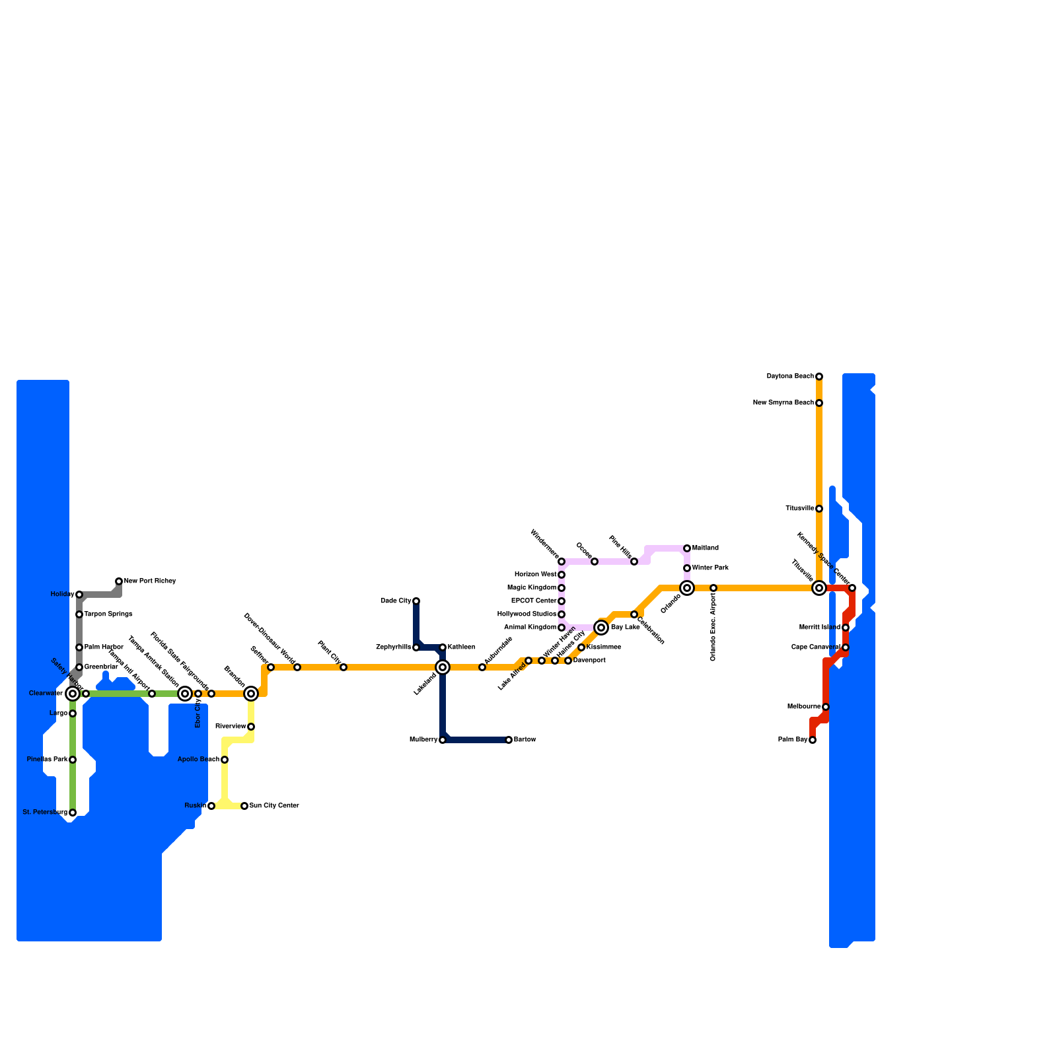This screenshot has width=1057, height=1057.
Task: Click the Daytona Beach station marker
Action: [x=819, y=377]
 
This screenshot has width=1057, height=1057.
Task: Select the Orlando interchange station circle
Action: [x=687, y=588]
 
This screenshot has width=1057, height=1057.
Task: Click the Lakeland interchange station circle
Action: [x=443, y=667]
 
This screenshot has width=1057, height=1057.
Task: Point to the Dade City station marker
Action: [x=416, y=601]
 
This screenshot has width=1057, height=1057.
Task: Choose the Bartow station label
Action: [x=525, y=740]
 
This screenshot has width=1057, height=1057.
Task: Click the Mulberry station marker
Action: [x=443, y=740]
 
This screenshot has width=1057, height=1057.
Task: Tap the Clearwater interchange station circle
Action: [x=73, y=694]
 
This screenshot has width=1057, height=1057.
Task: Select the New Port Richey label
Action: [x=150, y=581]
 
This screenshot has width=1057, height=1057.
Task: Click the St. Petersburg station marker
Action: [x=73, y=813]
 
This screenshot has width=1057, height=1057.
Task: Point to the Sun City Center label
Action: [x=274, y=806]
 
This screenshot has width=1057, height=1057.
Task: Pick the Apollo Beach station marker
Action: [x=225, y=760]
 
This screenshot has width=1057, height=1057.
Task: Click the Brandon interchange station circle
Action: [x=251, y=694]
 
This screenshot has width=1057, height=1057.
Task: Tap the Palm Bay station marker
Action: [x=813, y=740]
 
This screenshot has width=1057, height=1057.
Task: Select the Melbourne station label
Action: [x=804, y=707]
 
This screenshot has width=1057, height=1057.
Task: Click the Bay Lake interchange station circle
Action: [x=601, y=628]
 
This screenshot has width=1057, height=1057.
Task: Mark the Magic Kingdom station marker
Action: [x=562, y=588]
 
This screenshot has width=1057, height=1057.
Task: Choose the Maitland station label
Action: [x=706, y=548]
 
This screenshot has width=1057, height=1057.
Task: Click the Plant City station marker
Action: [x=344, y=667]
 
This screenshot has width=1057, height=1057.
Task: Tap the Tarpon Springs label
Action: [x=108, y=614]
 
